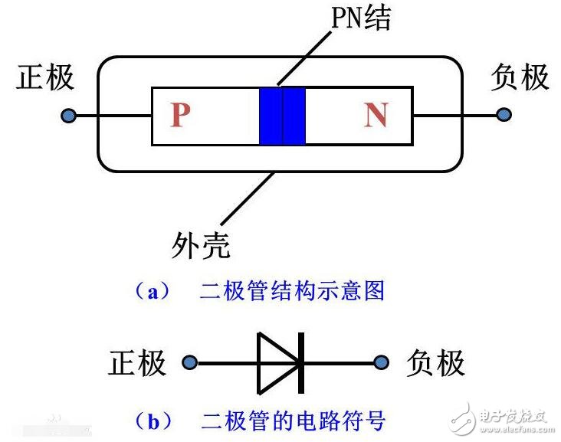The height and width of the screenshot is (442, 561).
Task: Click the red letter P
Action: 179,115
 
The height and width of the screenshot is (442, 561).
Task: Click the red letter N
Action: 376,115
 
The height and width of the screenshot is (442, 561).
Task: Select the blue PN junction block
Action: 282,116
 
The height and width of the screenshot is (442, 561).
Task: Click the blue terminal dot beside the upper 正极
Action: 69,116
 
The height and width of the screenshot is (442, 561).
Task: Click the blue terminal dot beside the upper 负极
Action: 504,115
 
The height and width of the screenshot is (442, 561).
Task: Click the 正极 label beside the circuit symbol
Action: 137,363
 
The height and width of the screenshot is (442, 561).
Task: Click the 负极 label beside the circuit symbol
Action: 435,363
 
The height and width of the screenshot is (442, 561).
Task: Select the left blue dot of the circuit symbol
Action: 189,362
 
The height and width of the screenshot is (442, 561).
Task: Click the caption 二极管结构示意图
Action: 292,290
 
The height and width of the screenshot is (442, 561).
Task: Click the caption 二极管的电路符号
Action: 292,420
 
